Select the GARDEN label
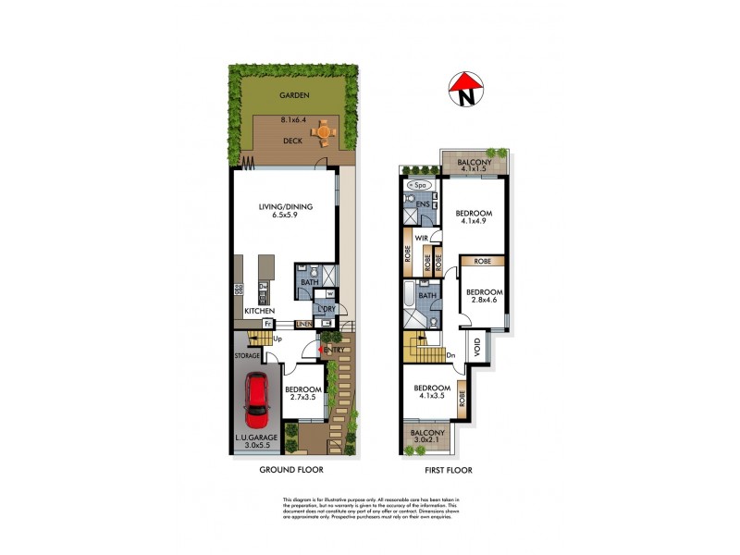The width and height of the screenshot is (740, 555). [297, 95]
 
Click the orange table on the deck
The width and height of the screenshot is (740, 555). [324, 130]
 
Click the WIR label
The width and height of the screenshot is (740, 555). [420, 239]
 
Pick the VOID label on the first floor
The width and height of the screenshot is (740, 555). [478, 349]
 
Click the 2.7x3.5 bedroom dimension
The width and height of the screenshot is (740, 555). [302, 398]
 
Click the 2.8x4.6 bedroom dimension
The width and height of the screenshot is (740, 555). [485, 301]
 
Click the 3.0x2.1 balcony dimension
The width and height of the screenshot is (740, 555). [427, 441]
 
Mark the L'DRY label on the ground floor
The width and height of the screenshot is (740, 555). [325, 308]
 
